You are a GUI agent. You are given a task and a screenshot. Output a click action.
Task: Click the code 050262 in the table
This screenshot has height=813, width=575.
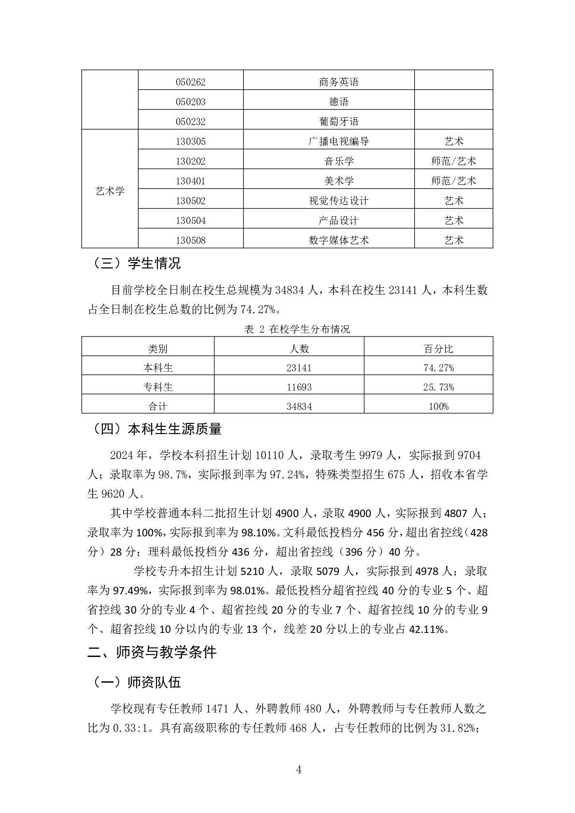(x=190, y=82)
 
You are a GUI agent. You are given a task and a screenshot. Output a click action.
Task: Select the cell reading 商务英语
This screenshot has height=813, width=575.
(x=338, y=82)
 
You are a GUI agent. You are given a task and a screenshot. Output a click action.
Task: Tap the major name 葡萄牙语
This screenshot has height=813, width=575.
(x=338, y=122)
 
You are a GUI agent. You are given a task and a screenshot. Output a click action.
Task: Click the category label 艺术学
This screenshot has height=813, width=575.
(x=110, y=191)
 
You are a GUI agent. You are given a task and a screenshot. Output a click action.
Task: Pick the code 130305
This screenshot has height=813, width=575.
(x=190, y=141)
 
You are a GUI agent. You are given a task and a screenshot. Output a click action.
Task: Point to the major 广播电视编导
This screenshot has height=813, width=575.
(x=338, y=141)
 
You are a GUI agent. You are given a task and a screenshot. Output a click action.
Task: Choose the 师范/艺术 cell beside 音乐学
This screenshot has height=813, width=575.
(x=453, y=161)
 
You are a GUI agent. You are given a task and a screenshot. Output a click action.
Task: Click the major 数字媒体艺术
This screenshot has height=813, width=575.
(x=338, y=240)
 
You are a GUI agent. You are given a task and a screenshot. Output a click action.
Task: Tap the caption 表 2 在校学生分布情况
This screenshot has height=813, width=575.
(x=297, y=329)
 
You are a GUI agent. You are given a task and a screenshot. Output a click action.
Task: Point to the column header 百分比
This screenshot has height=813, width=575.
(x=438, y=349)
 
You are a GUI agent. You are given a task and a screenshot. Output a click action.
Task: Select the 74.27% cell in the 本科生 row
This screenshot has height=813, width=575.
(x=438, y=368)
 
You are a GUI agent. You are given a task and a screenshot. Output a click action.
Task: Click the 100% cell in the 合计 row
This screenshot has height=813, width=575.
(x=438, y=406)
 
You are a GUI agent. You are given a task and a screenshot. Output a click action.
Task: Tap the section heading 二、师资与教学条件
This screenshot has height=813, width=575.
(x=152, y=653)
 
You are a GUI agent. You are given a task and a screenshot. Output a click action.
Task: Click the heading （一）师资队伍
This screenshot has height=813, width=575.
(x=134, y=682)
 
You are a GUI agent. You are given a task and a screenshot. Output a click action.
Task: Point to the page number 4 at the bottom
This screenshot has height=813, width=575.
(x=299, y=770)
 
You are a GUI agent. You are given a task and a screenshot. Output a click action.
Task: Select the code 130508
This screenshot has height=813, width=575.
(x=190, y=240)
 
